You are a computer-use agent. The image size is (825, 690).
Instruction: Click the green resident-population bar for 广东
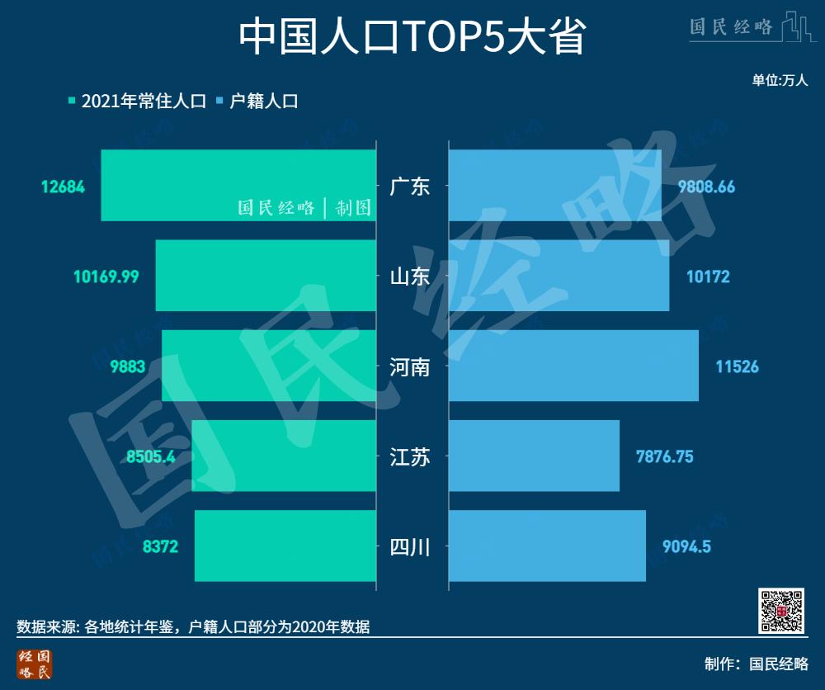pyautogui.click(x=238, y=185)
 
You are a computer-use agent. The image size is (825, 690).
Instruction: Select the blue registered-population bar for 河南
pyautogui.click(x=573, y=366)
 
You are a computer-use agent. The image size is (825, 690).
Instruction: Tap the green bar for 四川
pyautogui.click(x=285, y=546)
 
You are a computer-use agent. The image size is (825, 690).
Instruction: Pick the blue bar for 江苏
pyautogui.click(x=534, y=456)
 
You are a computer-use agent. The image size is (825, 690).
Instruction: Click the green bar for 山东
pyautogui.click(x=265, y=276)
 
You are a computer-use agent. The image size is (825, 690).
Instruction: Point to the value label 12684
pyautogui.click(x=63, y=187)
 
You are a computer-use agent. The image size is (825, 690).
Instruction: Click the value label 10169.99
pyautogui.click(x=106, y=276)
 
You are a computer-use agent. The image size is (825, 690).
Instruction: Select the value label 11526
pyautogui.click(x=737, y=366)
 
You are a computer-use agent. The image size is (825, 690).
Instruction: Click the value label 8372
pyautogui.click(x=160, y=546)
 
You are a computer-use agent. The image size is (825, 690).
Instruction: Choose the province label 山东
pyautogui.click(x=410, y=276)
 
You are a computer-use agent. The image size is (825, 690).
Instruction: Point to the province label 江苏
pyautogui.click(x=410, y=456)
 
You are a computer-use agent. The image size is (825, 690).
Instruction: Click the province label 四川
pyautogui.click(x=410, y=546)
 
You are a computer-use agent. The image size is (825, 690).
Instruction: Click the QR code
pyautogui.click(x=780, y=611)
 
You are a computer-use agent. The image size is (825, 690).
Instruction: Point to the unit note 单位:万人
pyautogui.click(x=780, y=80)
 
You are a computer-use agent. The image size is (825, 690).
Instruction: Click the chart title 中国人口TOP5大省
pyautogui.click(x=412, y=36)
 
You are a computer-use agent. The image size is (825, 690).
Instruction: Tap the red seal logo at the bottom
pyautogui.click(x=35, y=664)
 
